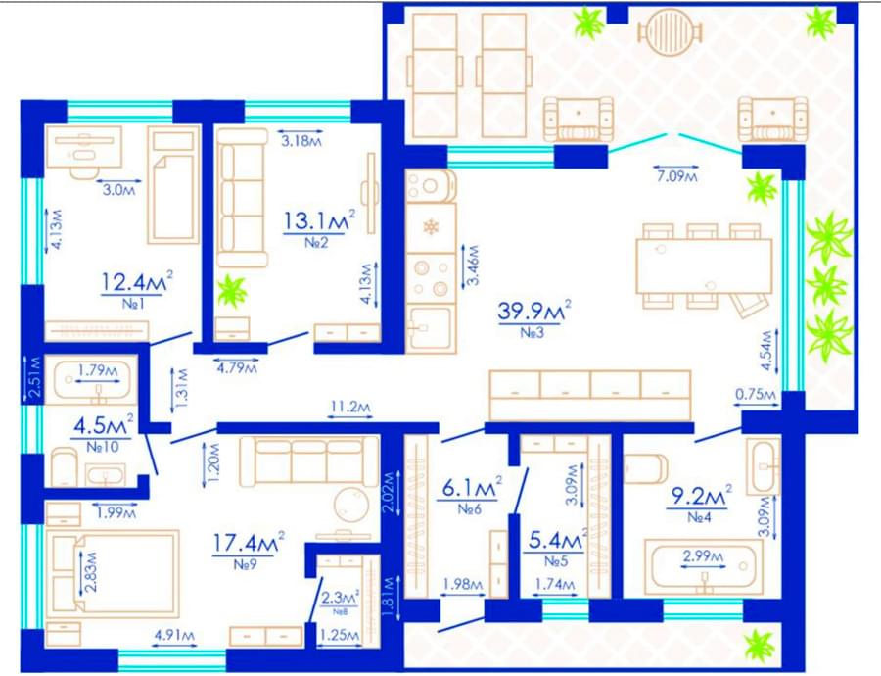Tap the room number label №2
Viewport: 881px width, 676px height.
316,243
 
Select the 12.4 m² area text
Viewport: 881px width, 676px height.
136,282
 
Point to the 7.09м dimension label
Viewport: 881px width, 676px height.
676,176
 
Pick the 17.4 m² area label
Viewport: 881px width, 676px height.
249,543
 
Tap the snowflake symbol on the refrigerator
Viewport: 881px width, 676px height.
431,227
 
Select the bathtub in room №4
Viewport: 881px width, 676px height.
704,566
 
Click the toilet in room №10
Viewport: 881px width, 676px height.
64,466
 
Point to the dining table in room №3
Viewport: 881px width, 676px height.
704,266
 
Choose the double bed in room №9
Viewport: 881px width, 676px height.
113,571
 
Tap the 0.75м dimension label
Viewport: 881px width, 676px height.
756,394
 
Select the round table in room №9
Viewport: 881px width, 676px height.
351,505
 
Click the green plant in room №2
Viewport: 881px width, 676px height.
231,291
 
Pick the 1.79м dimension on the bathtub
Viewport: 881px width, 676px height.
98,371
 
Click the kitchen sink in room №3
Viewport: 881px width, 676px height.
430,328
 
